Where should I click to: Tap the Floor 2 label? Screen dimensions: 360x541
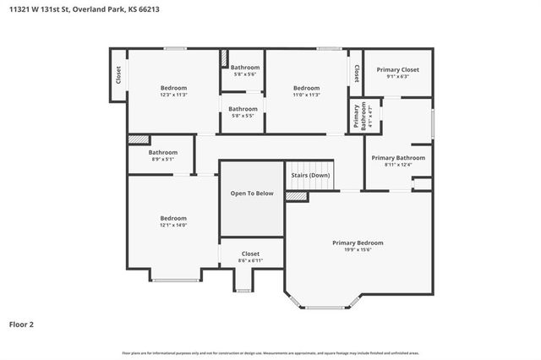pyautogui.click(x=21, y=323)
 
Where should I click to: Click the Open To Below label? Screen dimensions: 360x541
pyautogui.click(x=252, y=194)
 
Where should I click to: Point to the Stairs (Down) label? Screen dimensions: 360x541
pyautogui.click(x=310, y=175)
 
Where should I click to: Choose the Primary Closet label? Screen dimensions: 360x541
pyautogui.click(x=397, y=69)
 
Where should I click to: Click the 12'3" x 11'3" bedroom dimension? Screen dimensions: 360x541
pyautogui.click(x=174, y=95)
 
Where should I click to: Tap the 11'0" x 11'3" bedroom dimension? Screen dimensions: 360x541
pyautogui.click(x=306, y=95)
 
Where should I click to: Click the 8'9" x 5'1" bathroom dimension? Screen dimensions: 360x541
pyautogui.click(x=163, y=159)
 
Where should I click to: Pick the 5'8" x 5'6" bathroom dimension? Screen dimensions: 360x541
pyautogui.click(x=245, y=74)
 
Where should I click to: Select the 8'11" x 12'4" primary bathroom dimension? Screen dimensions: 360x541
pyautogui.click(x=398, y=165)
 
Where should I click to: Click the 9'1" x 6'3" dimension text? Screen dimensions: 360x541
pyautogui.click(x=397, y=76)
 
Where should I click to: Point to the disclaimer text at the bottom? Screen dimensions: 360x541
pyautogui.click(x=270, y=352)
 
